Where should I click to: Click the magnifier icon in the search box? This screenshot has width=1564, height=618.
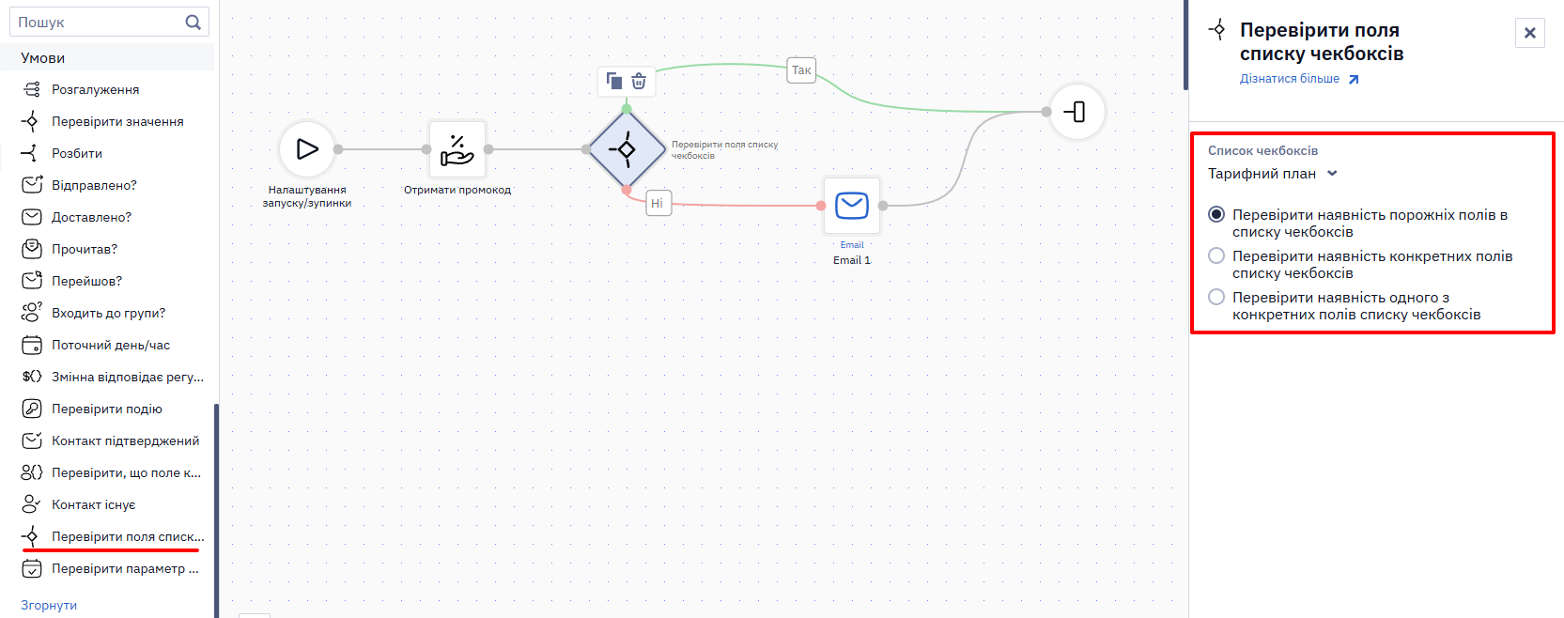coord(193,23)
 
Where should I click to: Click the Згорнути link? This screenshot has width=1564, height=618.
coord(49,606)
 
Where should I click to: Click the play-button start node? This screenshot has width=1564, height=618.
coord(307,149)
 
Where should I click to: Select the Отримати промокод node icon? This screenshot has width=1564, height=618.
coord(457,149)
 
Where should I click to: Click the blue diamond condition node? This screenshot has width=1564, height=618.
coord(627,149)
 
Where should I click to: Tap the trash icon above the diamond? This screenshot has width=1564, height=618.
coord(639,82)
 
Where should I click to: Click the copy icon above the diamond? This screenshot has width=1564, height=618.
coord(613,82)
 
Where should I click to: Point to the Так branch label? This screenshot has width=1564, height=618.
coord(801,70)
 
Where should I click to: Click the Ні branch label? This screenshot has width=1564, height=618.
coord(658,203)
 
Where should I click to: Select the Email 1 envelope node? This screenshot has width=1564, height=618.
coord(852,206)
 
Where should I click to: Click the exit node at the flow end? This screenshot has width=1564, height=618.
coord(1077,112)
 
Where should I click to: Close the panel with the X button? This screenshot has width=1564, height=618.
coord(1530,33)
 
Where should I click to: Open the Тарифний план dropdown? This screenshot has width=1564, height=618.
coord(1272,174)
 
